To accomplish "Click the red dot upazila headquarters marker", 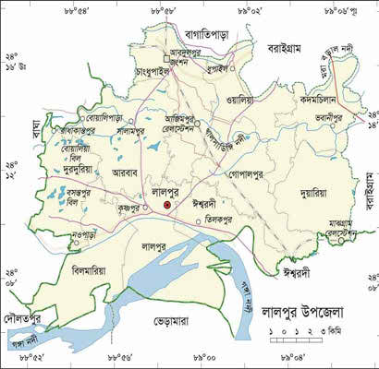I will (x=167, y=207).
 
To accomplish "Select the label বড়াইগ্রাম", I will (x=286, y=47).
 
